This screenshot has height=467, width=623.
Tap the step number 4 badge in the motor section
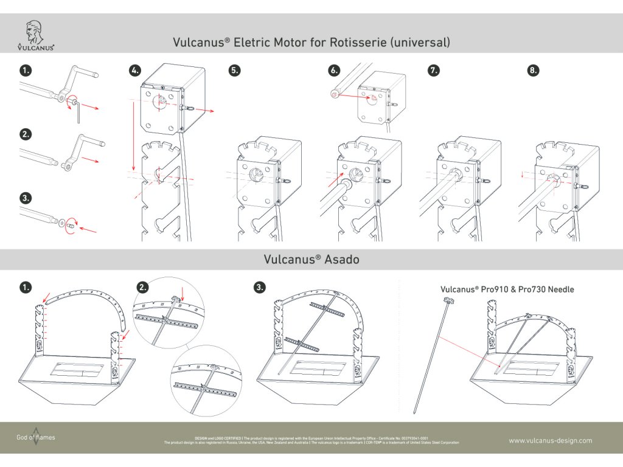coord(135,71)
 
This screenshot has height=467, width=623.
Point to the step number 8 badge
coord(533,71)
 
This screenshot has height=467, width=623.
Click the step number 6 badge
coord(333,71)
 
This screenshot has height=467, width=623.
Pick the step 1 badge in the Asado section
coord(25,287)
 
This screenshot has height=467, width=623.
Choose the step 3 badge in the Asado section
coord(260,287)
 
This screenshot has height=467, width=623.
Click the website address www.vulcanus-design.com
coord(550,441)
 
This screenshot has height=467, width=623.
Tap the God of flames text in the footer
coord(35,437)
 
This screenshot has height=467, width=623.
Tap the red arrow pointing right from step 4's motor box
coord(206,112)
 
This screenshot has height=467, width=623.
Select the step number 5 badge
coord(234,71)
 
